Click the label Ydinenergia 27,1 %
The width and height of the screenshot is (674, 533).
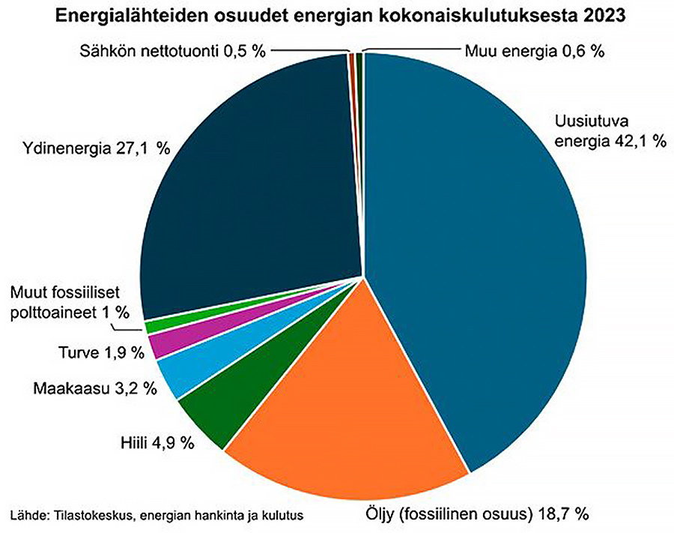(89, 148)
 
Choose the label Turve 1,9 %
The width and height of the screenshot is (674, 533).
(100, 352)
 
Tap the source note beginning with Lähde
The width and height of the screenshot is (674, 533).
(157, 515)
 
